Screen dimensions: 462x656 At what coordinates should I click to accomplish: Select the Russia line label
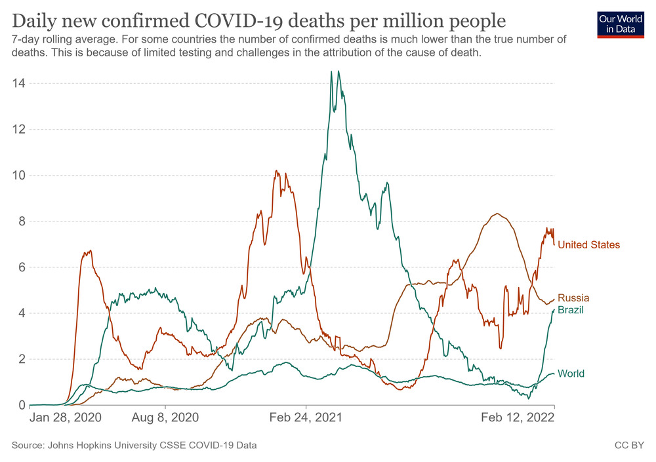[x=573, y=298]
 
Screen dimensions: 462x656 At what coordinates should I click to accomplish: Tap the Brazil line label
[x=571, y=309]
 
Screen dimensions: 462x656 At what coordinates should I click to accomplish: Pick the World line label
[x=571, y=374]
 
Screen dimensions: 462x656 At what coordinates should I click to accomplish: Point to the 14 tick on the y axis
[x=18, y=83]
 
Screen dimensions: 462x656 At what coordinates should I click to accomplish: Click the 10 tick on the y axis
[x=18, y=175]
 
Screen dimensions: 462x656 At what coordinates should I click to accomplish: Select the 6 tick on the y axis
[x=21, y=267]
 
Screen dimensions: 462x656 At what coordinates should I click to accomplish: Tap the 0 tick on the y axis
[x=21, y=405]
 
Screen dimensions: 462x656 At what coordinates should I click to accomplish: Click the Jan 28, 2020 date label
[x=66, y=417]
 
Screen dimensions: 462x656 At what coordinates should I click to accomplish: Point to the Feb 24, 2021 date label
[x=306, y=417]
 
